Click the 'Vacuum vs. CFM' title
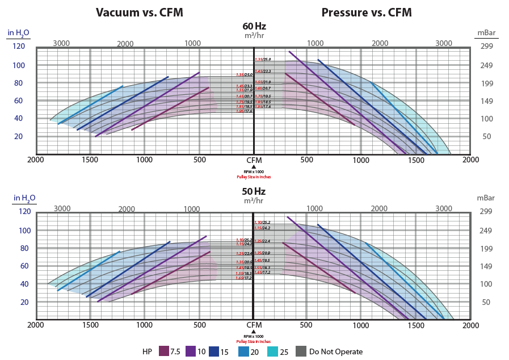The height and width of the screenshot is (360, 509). pos(139,12)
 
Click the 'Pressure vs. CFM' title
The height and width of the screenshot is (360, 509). pos(367,12)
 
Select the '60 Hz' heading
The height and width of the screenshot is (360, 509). pos(254,26)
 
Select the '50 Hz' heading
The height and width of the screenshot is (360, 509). pos(254,191)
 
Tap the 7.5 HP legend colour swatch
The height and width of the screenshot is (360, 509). pos(164,351)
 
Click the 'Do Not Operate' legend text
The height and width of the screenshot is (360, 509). pos(336,351)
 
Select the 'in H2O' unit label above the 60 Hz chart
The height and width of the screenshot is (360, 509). pos(22,32)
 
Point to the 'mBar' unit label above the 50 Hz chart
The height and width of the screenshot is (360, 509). pos(486,198)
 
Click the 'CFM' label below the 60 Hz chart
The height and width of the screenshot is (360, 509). pos(254,160)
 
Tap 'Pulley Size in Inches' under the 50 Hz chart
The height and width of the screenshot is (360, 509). pos(254,341)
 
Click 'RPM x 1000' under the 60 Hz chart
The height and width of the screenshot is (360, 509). pos(254,172)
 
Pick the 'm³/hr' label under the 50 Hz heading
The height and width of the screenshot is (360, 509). pos(254,200)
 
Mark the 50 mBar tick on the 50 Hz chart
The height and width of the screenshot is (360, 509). pos(486,302)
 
